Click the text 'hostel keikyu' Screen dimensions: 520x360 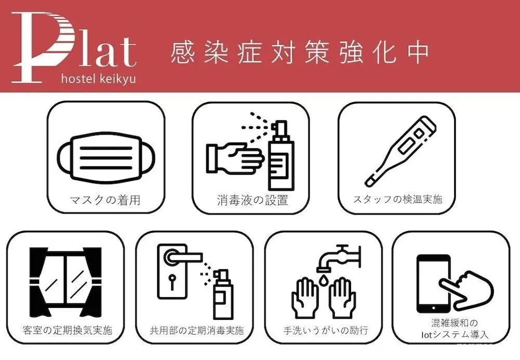coord(98,79)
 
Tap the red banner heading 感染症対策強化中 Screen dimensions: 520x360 coord(300,53)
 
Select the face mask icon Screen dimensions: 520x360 coord(106,158)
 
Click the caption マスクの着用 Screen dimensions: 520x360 coord(106,200)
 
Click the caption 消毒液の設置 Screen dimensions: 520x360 coord(252,200)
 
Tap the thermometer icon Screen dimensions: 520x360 coord(400,151)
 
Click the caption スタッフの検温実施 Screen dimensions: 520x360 coord(398,199)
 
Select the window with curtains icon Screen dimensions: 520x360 coord(66,282)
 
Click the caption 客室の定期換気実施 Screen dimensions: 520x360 coord(68,330)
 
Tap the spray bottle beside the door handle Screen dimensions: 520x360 coord(223,295)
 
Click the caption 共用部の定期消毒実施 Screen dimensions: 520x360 coord(197,330)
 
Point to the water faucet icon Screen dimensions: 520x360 coord(339,258)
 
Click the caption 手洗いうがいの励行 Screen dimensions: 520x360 coord(326,330)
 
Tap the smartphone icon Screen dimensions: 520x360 coord(434,284)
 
